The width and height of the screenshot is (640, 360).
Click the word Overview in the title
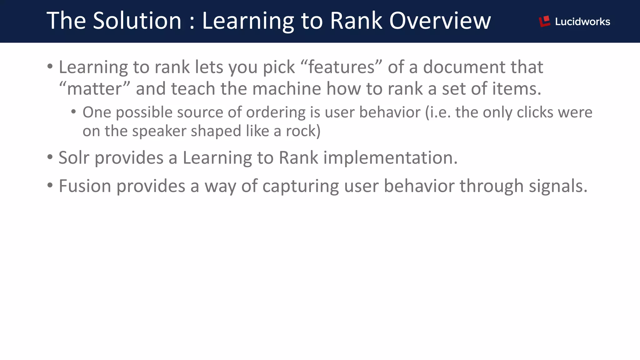440,21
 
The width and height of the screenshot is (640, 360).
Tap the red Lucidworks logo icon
544,21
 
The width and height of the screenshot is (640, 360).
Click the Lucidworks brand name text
582,22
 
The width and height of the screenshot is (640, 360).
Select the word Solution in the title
137,21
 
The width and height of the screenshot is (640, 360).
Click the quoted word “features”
341,67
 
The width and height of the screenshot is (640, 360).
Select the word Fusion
85,186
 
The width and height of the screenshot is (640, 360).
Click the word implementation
390,158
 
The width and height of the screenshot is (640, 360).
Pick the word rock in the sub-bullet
301,131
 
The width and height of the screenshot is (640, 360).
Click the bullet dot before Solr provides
50,157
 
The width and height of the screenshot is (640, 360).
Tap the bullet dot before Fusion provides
50,185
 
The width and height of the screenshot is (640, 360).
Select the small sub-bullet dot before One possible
73,112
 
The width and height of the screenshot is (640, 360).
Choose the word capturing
300,187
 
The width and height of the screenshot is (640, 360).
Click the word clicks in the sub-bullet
535,112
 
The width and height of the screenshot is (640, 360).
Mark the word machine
287,89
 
